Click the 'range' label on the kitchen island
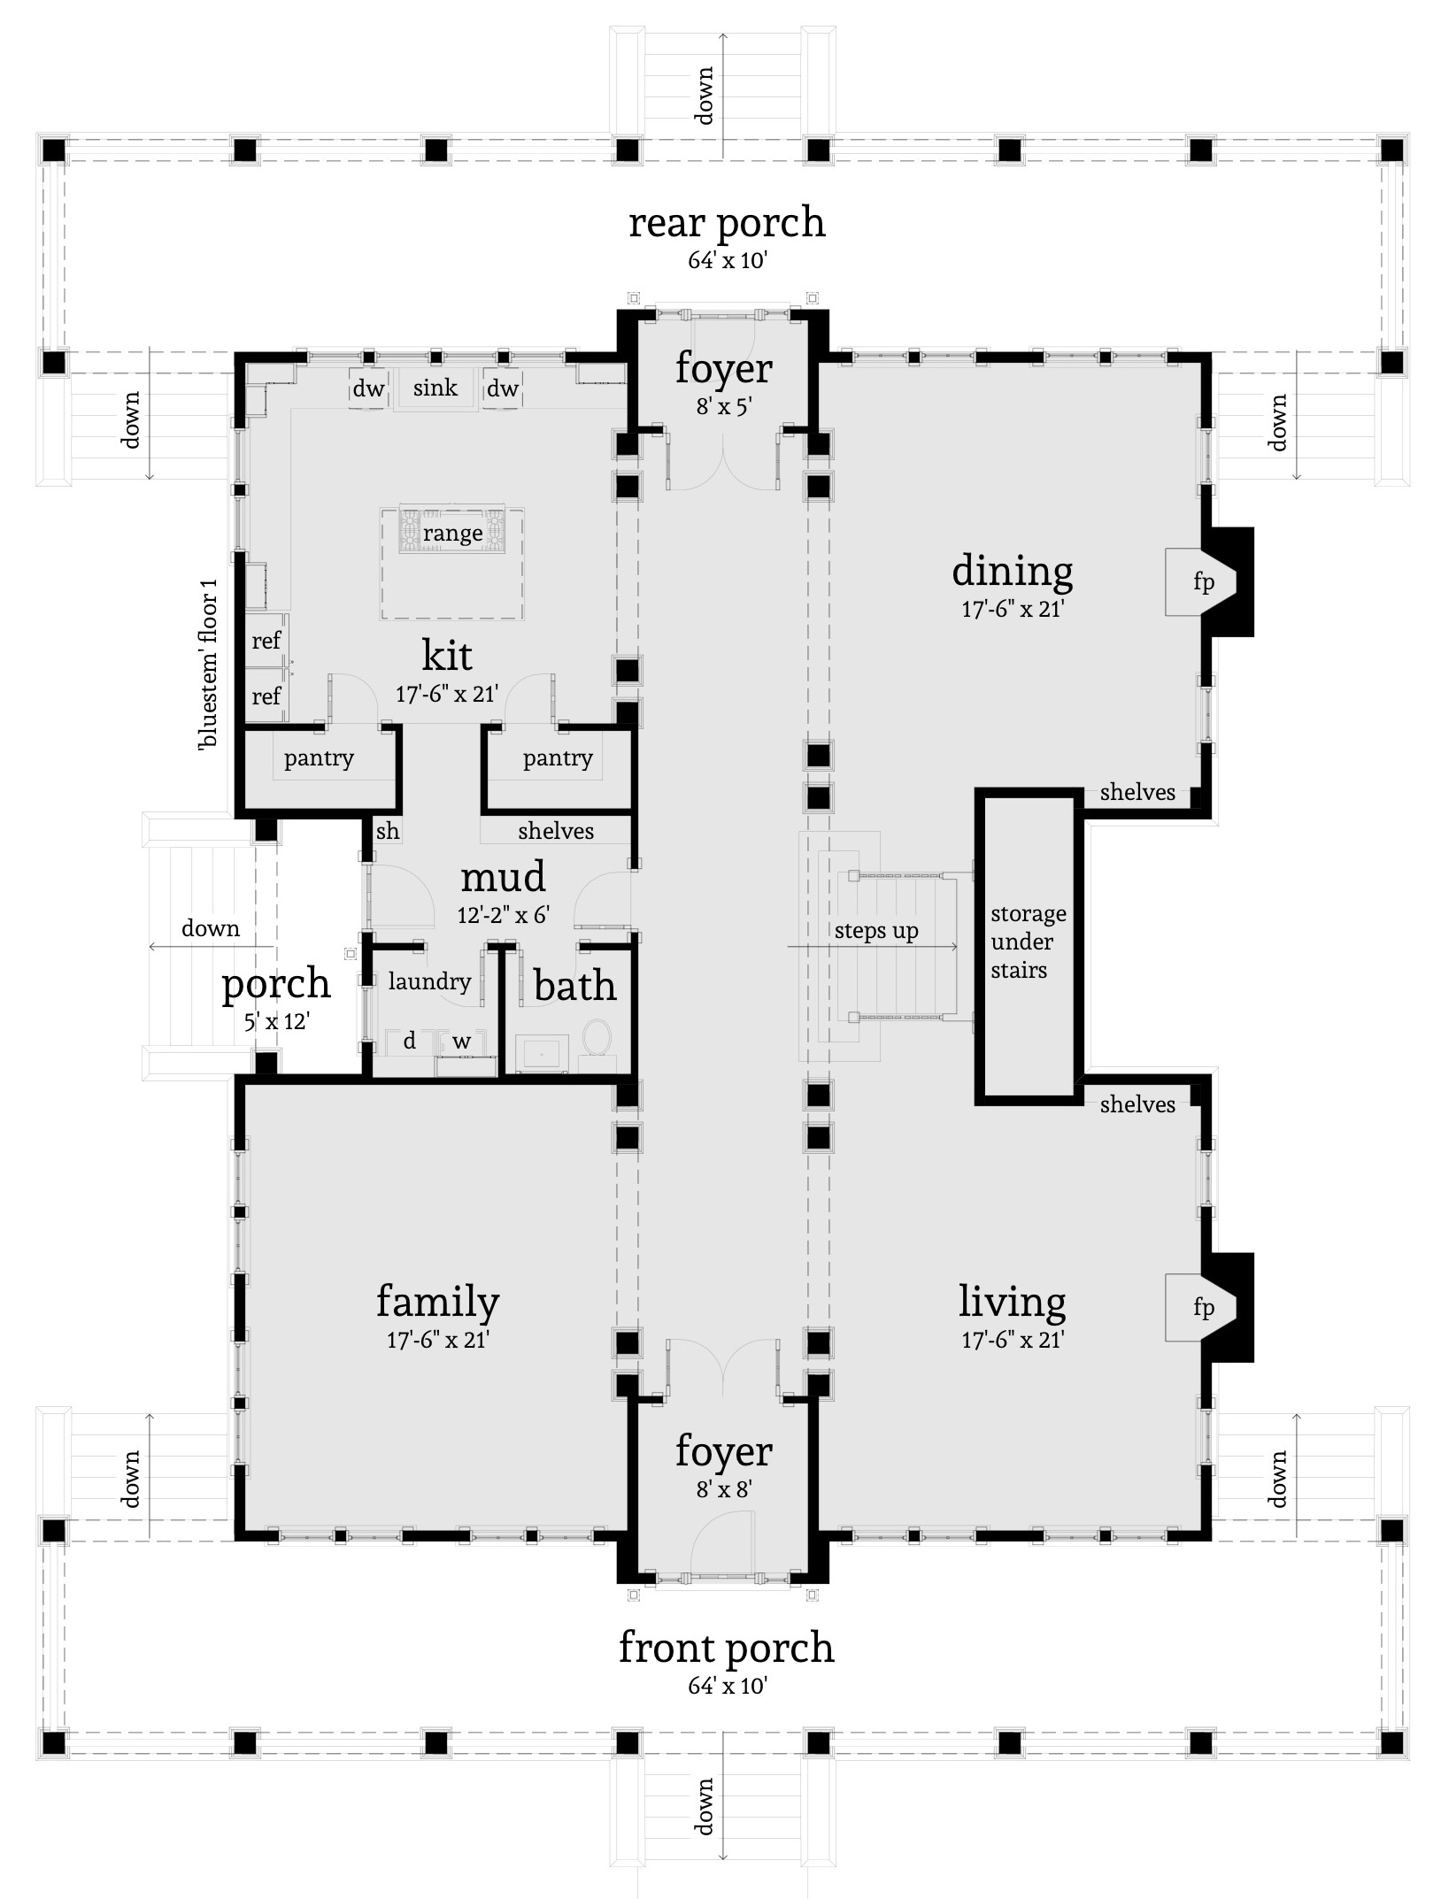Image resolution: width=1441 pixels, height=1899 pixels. (x=452, y=534)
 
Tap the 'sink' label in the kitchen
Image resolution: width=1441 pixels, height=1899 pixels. (x=435, y=388)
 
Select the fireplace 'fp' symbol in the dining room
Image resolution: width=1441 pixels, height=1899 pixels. (x=1203, y=582)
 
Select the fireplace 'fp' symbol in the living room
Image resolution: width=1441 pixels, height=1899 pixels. (x=1203, y=1307)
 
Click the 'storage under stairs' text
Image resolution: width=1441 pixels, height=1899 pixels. (x=1028, y=942)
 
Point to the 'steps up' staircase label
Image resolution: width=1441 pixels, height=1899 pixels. (x=876, y=931)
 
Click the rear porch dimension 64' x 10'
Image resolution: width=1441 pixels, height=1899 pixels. (x=727, y=261)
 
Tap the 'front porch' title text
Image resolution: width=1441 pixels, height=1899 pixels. (x=726, y=1648)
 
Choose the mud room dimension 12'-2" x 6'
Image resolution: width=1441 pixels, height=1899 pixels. (x=504, y=915)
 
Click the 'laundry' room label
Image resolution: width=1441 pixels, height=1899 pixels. (x=429, y=981)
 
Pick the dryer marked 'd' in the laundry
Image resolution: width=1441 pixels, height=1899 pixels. (x=409, y=1042)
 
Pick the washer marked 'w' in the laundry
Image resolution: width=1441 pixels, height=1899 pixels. (x=462, y=1042)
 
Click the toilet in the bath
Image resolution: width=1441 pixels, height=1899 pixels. (x=598, y=1037)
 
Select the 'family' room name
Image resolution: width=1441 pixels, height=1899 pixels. (x=437, y=1302)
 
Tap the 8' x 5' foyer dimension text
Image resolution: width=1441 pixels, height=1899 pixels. (x=723, y=410)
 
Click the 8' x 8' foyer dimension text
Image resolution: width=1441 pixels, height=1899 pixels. (x=723, y=1490)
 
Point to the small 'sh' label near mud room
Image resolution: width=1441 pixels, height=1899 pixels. (x=388, y=832)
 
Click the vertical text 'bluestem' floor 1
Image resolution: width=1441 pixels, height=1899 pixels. (x=209, y=665)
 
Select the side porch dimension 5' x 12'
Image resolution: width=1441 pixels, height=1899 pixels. (x=276, y=1022)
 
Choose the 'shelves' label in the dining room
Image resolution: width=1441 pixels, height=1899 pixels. (x=1137, y=793)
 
